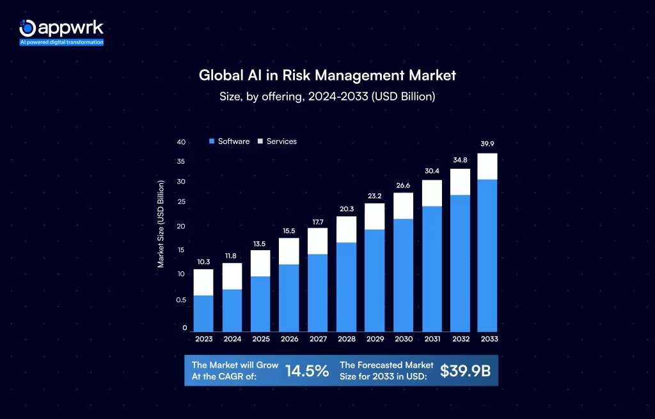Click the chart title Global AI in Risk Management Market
pos(327,75)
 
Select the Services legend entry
pos(277,141)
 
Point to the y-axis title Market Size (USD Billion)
pos(161,224)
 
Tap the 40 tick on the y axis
pos(182,143)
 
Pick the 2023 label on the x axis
pos(203,340)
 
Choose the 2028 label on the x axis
pos(346,340)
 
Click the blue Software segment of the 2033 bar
pos(487,256)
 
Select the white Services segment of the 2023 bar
pos(203,282)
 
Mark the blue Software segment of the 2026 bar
pos(289,298)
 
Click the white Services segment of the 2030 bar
pos(403,206)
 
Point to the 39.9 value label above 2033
pos(487,143)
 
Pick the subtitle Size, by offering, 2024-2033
pos(327,97)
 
